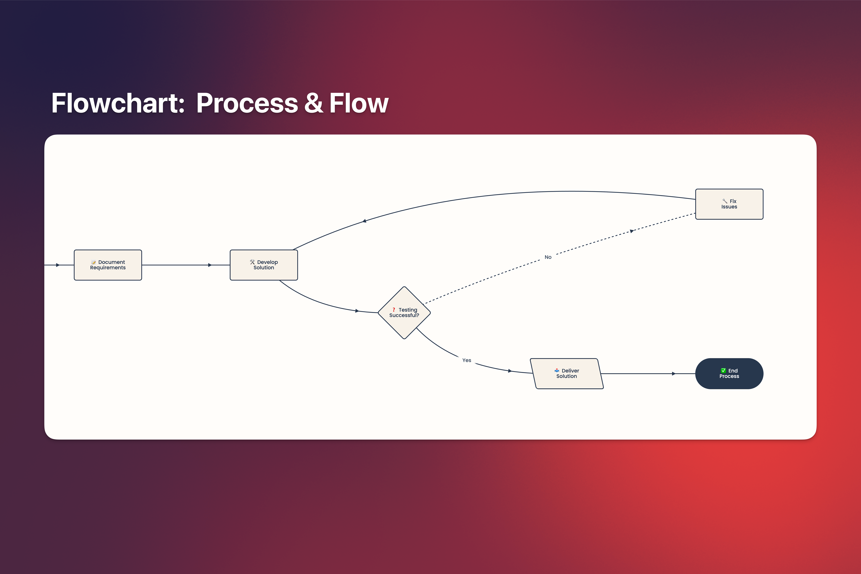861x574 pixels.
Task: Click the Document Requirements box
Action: (108, 265)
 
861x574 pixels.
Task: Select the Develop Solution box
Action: (264, 265)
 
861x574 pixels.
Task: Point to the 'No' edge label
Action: (548, 257)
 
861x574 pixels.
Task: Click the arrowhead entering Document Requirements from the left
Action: (58, 265)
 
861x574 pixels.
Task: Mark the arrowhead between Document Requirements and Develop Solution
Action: (210, 265)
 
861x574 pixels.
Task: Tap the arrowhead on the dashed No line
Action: (631, 231)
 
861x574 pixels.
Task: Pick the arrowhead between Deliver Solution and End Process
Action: (674, 374)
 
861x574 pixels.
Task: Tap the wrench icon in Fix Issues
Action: (724, 201)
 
